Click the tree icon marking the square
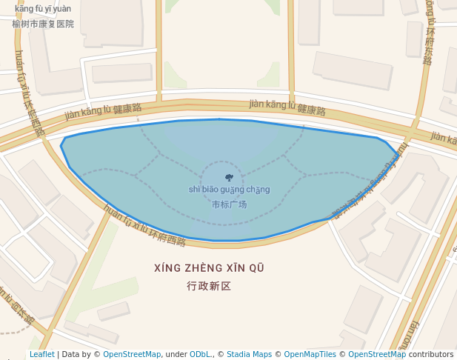pos(228,177)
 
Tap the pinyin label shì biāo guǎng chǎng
pos(229,190)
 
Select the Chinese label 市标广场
pos(229,204)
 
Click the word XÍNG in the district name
pos(167,268)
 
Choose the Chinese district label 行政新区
pos(210,285)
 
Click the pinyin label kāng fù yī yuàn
pos(43,9)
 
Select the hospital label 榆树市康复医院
pos(43,24)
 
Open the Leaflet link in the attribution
pos(41,354)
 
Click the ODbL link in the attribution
pos(200,354)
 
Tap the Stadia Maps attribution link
pos(249,354)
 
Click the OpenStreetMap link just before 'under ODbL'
pos(131,354)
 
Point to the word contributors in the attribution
pos(431,354)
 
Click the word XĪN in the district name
pos(238,268)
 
